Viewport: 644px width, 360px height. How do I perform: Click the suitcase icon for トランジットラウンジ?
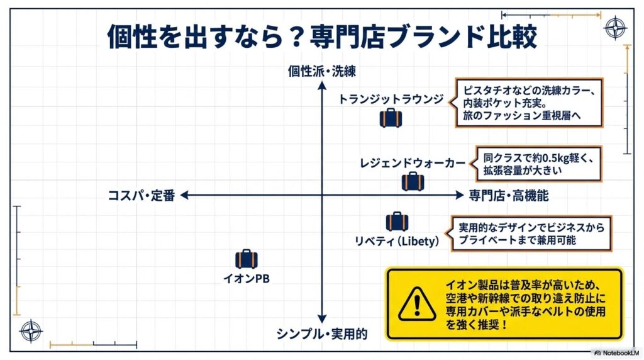coord(391,118)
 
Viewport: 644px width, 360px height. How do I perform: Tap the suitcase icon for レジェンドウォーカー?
coord(413,181)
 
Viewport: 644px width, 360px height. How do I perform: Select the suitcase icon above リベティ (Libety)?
coord(397,221)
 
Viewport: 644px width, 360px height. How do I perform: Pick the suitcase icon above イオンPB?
coord(247,259)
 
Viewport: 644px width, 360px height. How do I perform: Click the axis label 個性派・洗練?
coord(321,71)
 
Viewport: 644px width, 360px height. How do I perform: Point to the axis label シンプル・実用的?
coord(321,334)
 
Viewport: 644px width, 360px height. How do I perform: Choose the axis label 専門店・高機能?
coord(508,196)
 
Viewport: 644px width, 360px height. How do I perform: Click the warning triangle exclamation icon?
coord(413,304)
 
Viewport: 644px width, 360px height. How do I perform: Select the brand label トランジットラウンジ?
coord(391,99)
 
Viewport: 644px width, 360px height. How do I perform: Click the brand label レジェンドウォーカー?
coord(413,163)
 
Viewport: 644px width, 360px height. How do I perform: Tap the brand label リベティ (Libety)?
coord(396,240)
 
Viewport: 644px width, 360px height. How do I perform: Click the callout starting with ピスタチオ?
coord(528,103)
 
